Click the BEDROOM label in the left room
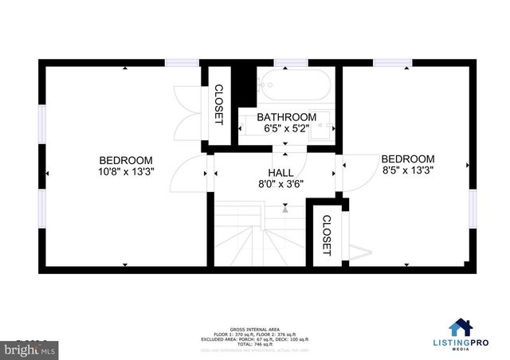click(125, 159)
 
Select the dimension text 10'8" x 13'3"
click(125, 170)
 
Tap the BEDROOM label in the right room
click(407, 158)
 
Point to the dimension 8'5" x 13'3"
click(407, 170)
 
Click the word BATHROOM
click(286, 117)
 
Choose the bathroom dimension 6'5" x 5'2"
click(286, 127)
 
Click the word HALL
click(280, 172)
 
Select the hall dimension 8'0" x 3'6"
click(280, 183)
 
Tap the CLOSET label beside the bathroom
click(218, 104)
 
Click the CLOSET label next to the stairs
click(326, 235)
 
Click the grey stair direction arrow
click(284, 209)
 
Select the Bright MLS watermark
click(26, 349)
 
